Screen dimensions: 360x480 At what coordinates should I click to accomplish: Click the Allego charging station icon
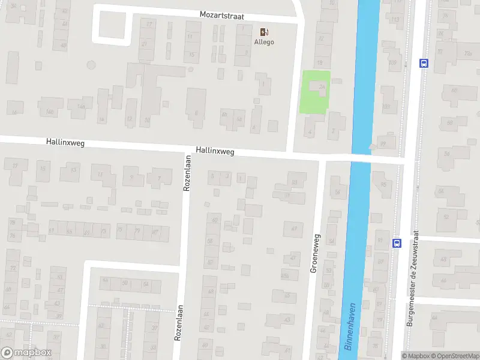(264, 32)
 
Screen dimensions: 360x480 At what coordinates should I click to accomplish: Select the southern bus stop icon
(396, 243)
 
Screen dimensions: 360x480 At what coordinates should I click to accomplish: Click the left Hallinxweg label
(65, 143)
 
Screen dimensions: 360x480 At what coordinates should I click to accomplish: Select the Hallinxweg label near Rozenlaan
(214, 152)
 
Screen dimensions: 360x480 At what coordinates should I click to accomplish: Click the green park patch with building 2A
(315, 92)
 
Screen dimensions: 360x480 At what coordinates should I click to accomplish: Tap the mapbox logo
(26, 353)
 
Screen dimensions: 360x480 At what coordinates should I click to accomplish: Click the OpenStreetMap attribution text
(456, 356)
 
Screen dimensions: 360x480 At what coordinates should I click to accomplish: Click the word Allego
(264, 42)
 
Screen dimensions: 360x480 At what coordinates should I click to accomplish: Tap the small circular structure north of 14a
(91, 64)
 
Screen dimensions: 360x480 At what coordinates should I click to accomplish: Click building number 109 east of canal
(393, 62)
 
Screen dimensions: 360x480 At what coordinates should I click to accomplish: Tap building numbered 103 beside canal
(386, 107)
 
